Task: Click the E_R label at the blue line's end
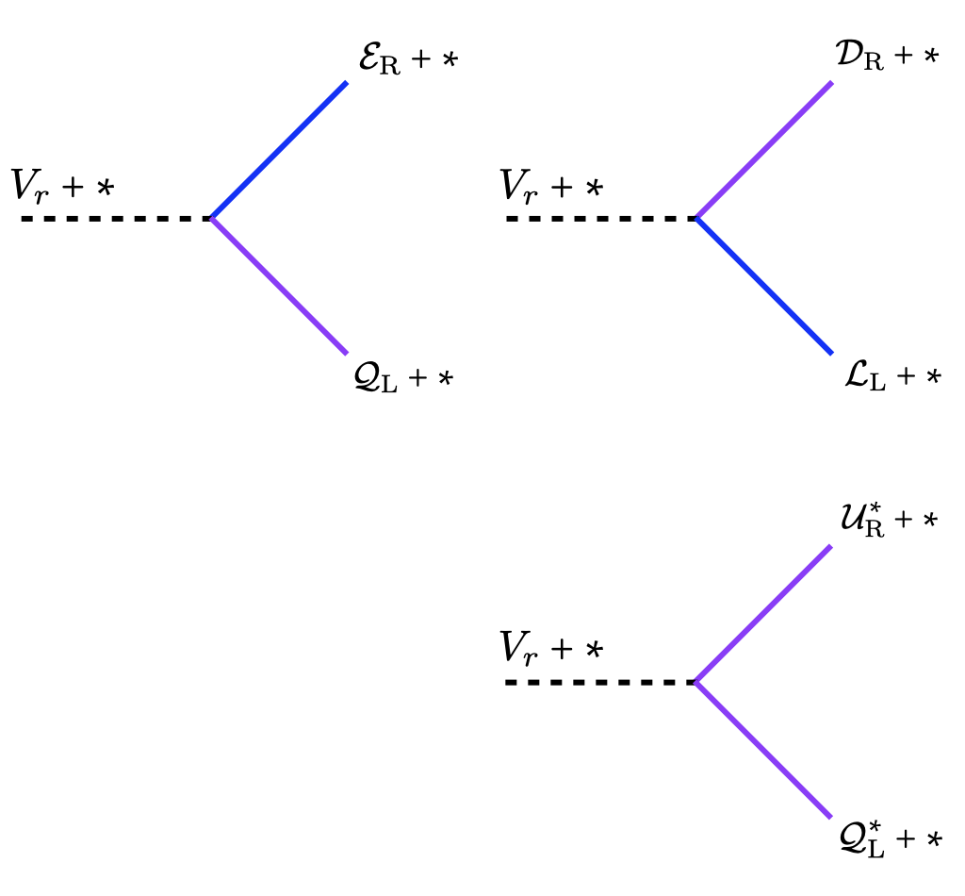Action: (x=407, y=60)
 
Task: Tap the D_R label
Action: (x=886, y=56)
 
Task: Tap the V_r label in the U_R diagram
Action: (x=550, y=648)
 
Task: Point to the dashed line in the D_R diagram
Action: (x=600, y=218)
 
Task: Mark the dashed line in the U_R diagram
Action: (x=600, y=681)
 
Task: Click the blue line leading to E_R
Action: (x=279, y=150)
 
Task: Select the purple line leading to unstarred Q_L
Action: (x=280, y=286)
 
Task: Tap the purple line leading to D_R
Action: (x=764, y=150)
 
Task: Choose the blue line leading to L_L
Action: (x=764, y=286)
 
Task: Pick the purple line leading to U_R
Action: (x=763, y=613)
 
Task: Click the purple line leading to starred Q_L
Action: (x=763, y=750)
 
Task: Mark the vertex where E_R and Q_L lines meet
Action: (x=211, y=218)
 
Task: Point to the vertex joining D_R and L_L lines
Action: (x=695, y=218)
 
